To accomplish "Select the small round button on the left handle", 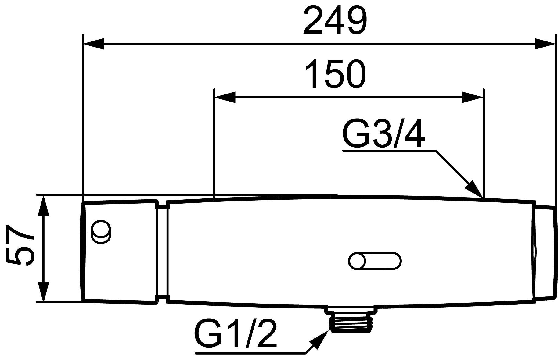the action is coord(101,232).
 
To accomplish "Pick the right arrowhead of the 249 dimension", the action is coord(544,43).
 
